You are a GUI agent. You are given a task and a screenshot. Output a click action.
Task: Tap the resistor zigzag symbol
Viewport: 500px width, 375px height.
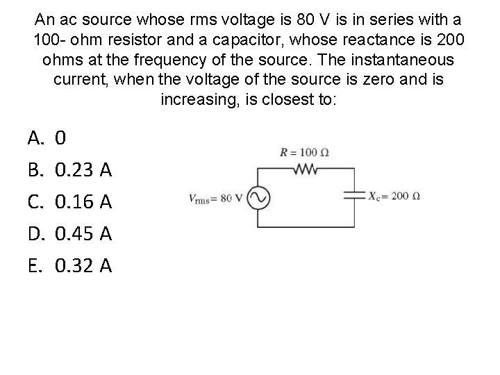(306, 167)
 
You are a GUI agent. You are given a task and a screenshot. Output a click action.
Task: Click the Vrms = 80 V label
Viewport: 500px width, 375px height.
(215, 198)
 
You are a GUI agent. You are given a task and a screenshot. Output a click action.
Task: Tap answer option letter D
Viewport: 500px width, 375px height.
(35, 233)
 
